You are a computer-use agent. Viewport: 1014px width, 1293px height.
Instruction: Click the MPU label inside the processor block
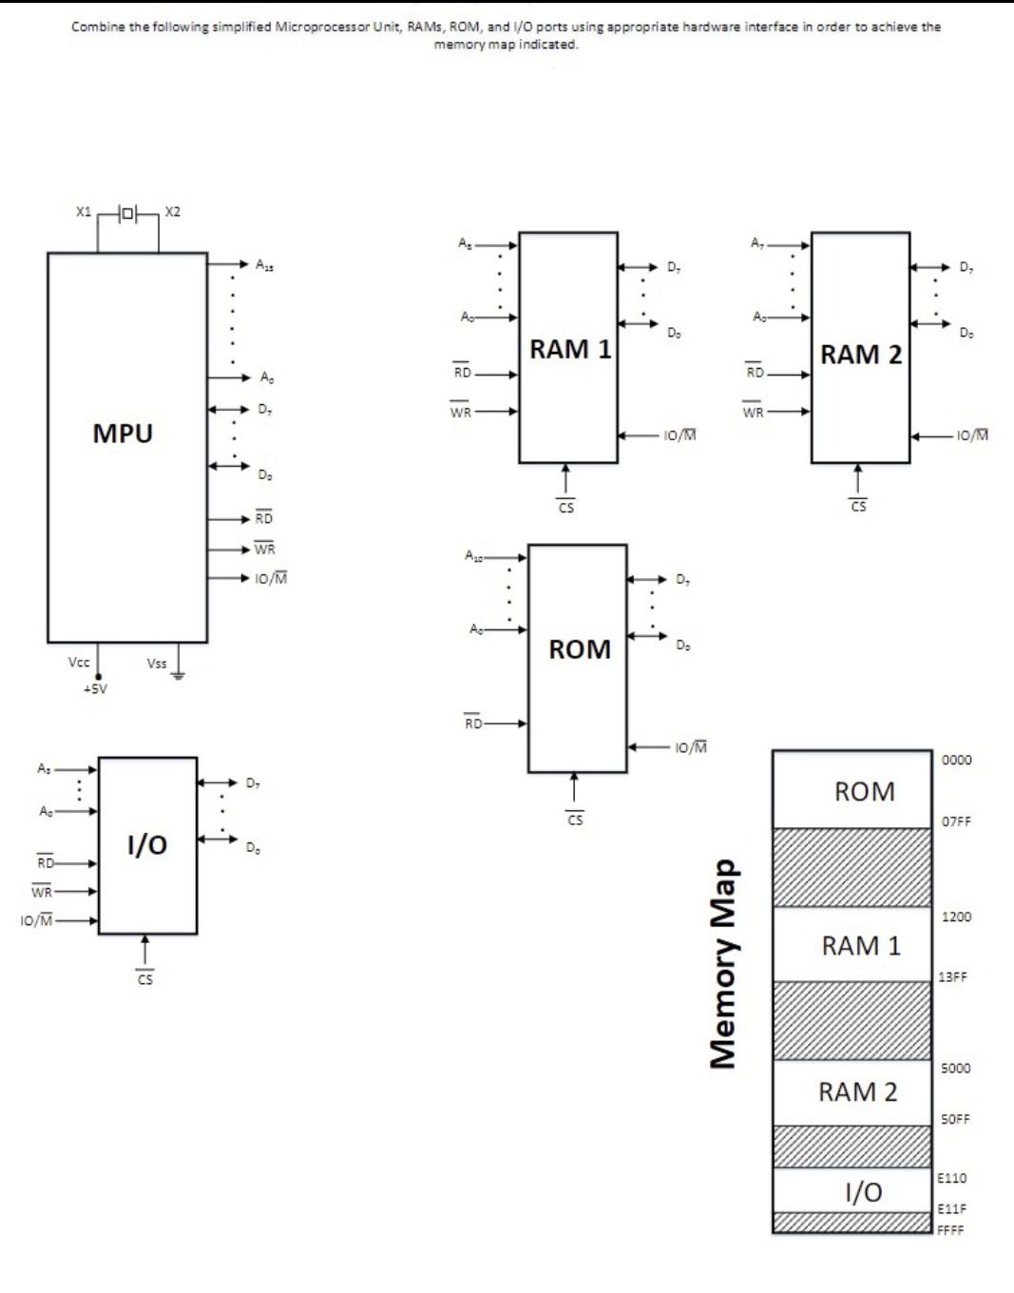coord(123,434)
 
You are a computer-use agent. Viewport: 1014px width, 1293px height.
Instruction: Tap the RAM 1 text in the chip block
coord(569,350)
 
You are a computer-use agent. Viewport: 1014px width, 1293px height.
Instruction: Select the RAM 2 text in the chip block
coord(861,355)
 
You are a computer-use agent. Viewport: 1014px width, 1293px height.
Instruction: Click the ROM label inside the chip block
coord(579,649)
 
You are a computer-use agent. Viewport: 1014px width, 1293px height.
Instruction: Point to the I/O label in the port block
coord(147,844)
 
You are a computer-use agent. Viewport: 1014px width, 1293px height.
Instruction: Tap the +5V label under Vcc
coord(95,688)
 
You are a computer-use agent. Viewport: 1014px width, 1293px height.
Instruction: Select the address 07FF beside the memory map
coord(956,821)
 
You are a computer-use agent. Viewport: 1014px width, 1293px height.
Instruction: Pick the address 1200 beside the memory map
coord(956,917)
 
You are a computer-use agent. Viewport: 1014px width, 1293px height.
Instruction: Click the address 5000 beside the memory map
coord(955,1068)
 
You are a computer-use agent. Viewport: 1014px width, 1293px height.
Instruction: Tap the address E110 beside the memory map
coord(951,1178)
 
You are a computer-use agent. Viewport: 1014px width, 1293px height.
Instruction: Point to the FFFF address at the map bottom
coord(950,1230)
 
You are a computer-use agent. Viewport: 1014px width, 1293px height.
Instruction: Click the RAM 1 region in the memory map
coord(860,946)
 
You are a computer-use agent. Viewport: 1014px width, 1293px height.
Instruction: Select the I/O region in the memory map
coord(863,1191)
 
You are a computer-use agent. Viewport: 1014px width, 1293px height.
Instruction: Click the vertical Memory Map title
coord(724,962)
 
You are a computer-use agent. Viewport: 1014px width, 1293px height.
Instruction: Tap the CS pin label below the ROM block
coord(575,820)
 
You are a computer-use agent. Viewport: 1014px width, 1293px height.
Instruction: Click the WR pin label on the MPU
coord(264,550)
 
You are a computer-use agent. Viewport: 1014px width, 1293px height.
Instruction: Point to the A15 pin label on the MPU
coord(264,265)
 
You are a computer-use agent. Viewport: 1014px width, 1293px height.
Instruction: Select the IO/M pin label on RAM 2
coord(972,435)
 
